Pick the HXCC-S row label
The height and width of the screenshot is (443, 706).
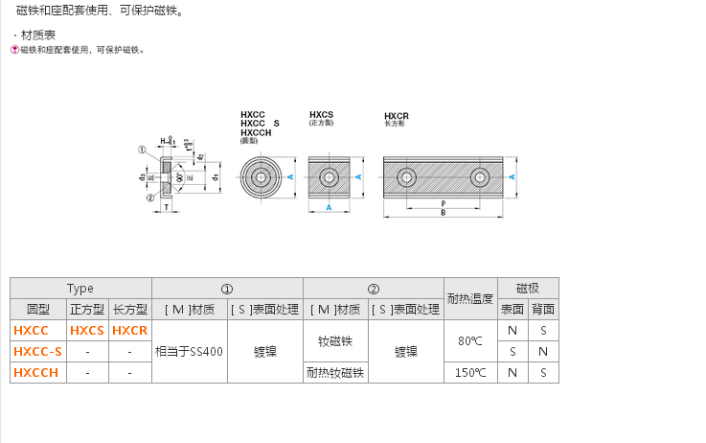tap(37, 352)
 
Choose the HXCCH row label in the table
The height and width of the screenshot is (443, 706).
tap(36, 373)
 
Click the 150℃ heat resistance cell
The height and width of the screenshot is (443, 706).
tap(470, 373)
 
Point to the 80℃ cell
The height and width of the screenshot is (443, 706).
tap(470, 341)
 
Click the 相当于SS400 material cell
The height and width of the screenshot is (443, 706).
tap(189, 352)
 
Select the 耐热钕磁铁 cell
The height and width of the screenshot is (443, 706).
tap(335, 373)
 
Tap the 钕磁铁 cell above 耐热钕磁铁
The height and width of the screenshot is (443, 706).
tap(335, 341)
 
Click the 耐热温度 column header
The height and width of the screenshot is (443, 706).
tap(470, 298)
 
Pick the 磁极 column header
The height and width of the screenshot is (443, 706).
tap(528, 288)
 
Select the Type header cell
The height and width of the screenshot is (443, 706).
tap(80, 288)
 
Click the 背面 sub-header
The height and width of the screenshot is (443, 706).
tap(543, 310)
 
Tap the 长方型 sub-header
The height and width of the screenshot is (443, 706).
tap(130, 310)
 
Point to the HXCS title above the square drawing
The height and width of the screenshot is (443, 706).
tap(321, 114)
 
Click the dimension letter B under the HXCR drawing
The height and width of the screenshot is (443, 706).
tap(443, 213)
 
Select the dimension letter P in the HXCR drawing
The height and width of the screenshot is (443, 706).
tap(443, 202)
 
